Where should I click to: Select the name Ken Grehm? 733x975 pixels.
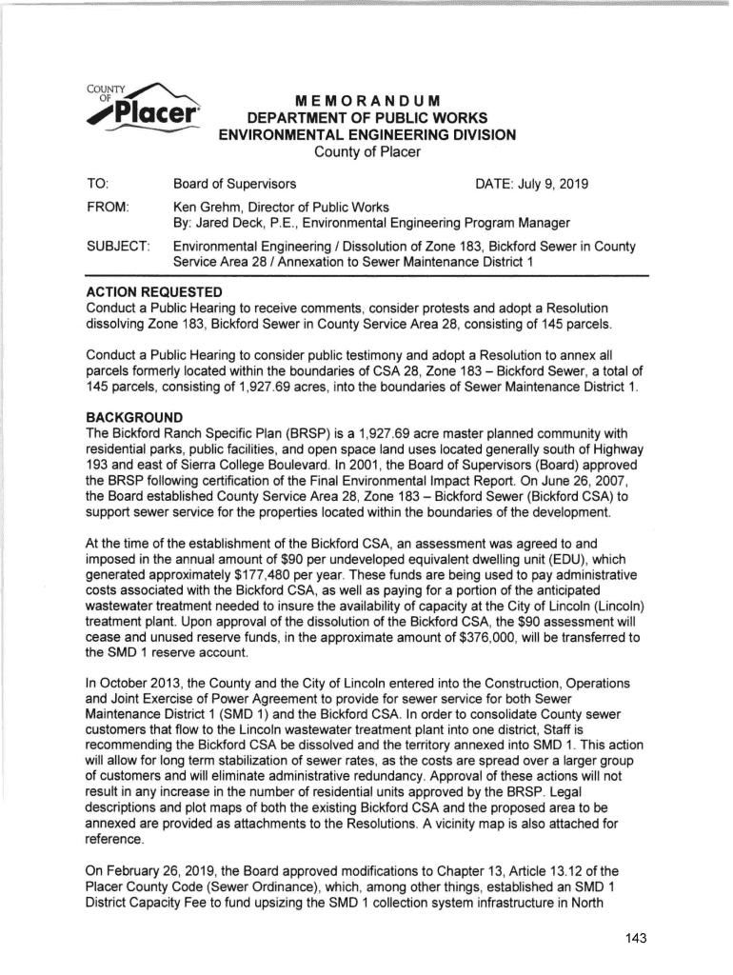coord(206,207)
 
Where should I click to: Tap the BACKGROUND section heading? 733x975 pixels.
coord(141,417)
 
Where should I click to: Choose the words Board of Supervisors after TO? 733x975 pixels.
coord(235,182)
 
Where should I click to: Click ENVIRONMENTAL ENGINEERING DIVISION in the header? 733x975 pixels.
coord(366,135)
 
